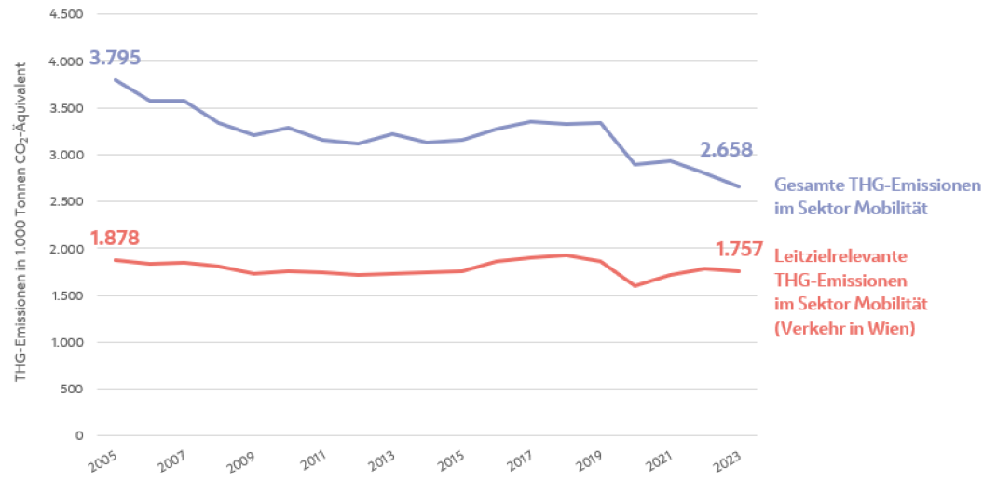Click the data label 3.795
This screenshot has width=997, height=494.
115,58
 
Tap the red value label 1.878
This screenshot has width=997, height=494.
115,239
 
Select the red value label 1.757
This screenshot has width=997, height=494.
741,249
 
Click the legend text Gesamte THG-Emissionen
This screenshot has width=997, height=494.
877,185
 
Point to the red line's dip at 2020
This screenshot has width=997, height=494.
635,285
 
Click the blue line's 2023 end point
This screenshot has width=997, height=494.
740,186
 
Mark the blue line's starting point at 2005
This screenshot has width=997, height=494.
115,80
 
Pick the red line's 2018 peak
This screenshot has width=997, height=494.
566,255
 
